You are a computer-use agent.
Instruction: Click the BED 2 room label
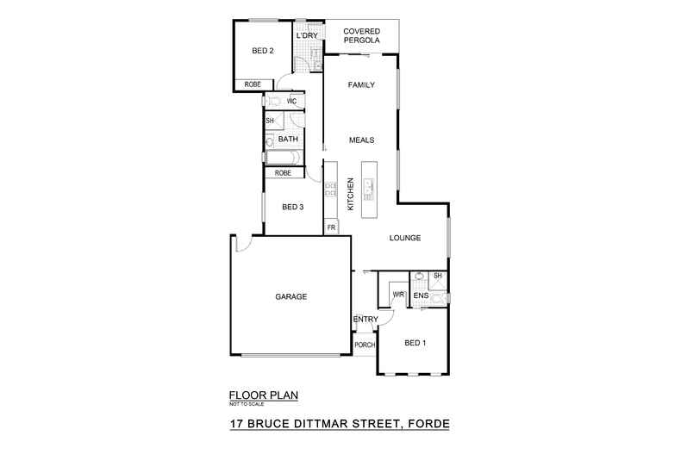click(x=263, y=52)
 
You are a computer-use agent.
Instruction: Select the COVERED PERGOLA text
click(x=362, y=36)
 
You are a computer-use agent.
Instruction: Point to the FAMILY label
click(x=359, y=85)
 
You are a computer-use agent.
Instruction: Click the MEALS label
click(x=360, y=139)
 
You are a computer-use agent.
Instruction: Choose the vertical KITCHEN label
click(x=350, y=194)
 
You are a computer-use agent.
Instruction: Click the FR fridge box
click(x=330, y=227)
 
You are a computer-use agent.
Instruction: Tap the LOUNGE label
click(x=404, y=238)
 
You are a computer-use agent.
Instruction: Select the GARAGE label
click(x=291, y=296)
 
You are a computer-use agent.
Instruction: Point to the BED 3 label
click(x=293, y=207)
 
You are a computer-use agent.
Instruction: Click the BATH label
click(x=288, y=140)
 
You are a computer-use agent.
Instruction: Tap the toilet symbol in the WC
click(x=275, y=102)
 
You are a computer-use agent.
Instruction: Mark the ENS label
click(x=421, y=296)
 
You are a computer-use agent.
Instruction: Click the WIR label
click(x=398, y=295)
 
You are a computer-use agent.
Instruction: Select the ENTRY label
click(x=365, y=320)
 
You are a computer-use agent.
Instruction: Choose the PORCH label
click(x=365, y=345)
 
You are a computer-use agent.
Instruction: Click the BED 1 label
click(x=415, y=343)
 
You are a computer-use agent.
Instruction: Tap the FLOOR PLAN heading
click(x=264, y=395)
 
